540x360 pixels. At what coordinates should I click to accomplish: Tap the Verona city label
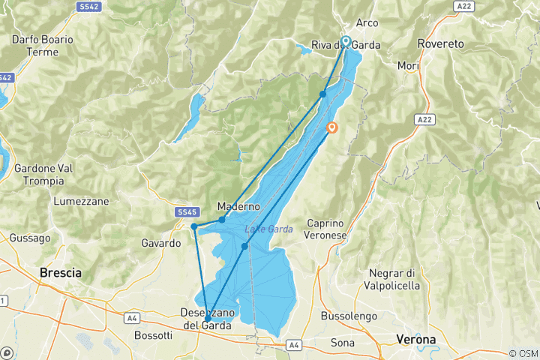(x=416, y=340)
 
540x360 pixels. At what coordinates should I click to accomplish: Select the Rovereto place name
(x=442, y=43)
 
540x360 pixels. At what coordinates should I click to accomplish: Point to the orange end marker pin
(x=332, y=127)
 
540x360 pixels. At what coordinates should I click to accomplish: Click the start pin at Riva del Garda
(x=346, y=41)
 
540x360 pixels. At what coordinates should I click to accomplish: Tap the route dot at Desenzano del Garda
(x=207, y=319)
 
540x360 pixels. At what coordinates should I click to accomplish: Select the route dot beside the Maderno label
(x=222, y=220)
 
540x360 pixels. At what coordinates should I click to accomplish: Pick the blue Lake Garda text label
(x=265, y=229)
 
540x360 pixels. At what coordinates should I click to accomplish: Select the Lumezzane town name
(x=81, y=201)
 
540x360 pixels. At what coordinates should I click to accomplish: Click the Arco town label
(x=367, y=23)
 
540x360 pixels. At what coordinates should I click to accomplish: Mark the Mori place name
(x=408, y=66)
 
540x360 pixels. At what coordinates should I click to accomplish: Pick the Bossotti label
(x=153, y=334)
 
